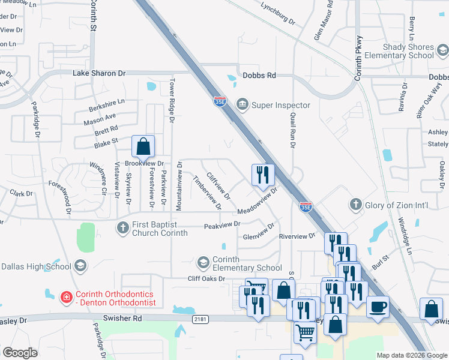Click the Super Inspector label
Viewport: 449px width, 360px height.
(280, 105)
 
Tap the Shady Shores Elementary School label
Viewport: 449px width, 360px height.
(408, 51)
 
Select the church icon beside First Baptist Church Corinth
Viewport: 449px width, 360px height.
(122, 227)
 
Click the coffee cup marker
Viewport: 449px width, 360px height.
(378, 307)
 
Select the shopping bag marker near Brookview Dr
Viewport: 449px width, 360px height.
(143, 146)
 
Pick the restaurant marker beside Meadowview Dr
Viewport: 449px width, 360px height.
(263, 175)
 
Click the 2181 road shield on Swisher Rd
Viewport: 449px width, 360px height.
(200, 320)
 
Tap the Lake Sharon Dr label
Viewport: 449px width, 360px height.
(99, 73)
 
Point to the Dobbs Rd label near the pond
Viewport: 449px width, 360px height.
(259, 76)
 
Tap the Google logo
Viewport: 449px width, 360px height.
(20, 353)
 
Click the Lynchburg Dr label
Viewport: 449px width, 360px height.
(278, 14)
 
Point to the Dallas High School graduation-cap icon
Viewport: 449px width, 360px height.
(80, 266)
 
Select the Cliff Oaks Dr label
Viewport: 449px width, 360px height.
(206, 278)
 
